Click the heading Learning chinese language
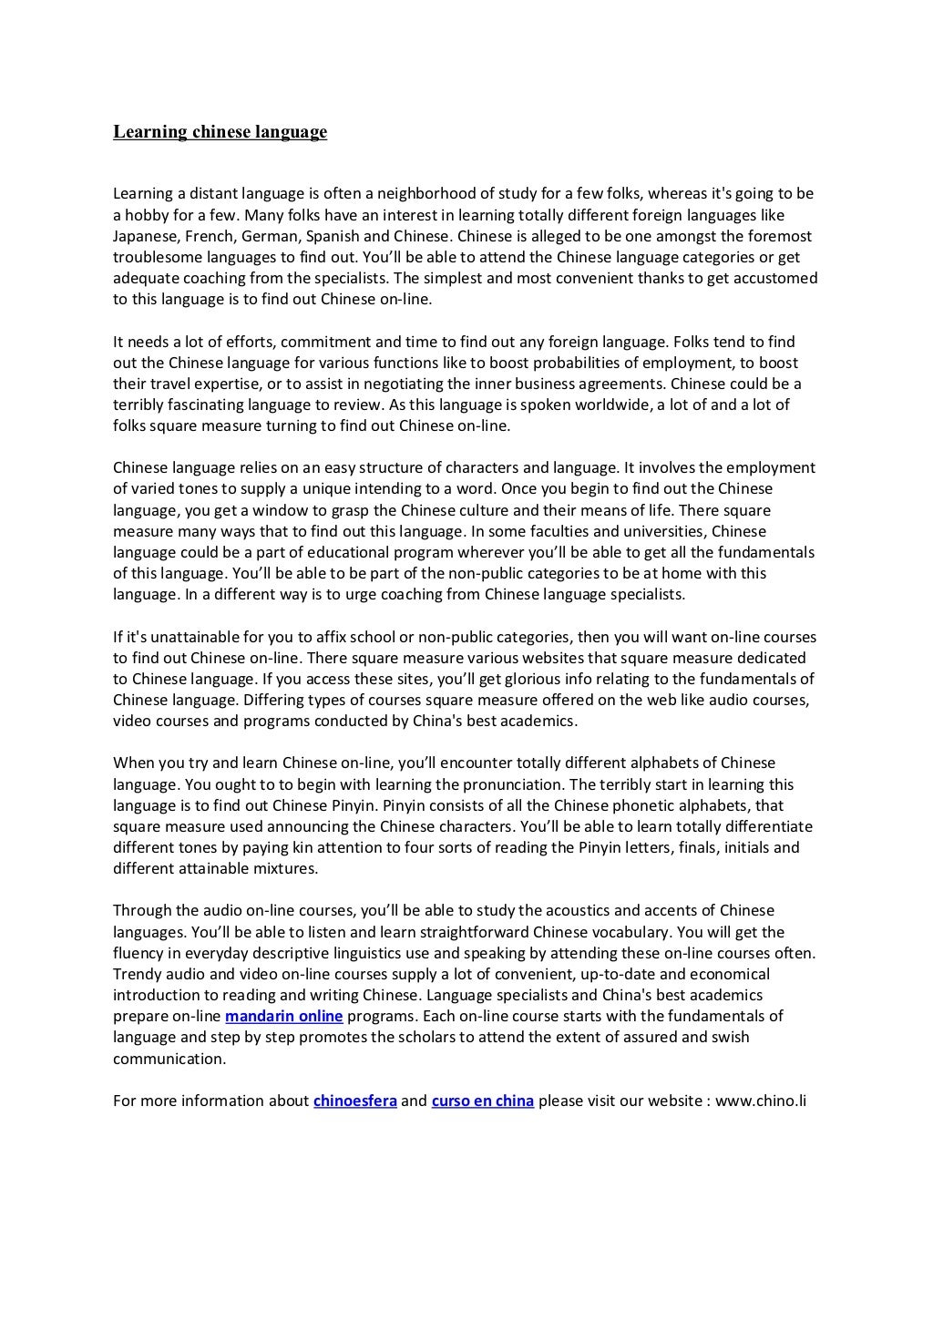pos(220,133)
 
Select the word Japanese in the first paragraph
pos(145,236)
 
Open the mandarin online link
pos(283,1016)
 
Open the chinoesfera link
pos(354,1101)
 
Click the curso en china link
pos(482,1101)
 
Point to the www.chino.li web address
pos(761,1101)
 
